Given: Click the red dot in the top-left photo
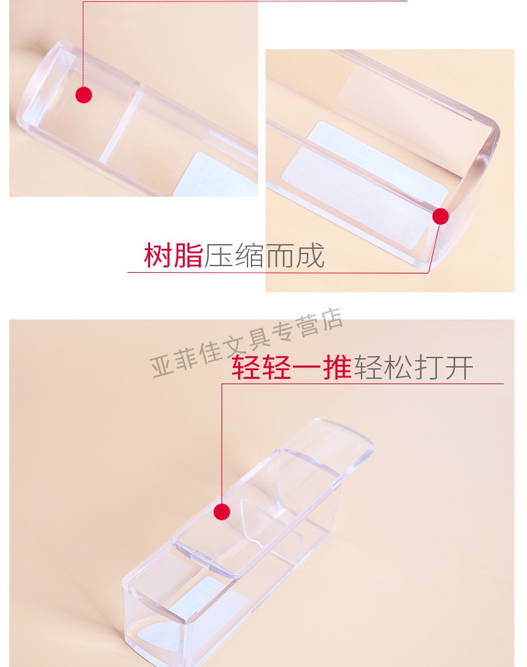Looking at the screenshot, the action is click(84, 95).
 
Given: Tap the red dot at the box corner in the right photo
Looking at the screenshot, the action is click(441, 217).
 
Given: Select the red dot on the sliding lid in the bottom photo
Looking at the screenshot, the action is click(221, 512).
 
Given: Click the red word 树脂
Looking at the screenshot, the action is click(173, 255).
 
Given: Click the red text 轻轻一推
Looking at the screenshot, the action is click(292, 367).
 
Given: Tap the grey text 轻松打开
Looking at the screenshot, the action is click(414, 367).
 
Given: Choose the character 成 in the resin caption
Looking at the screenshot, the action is click(310, 255).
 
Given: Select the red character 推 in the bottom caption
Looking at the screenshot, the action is click(337, 367).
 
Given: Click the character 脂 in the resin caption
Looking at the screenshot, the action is click(188, 255).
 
